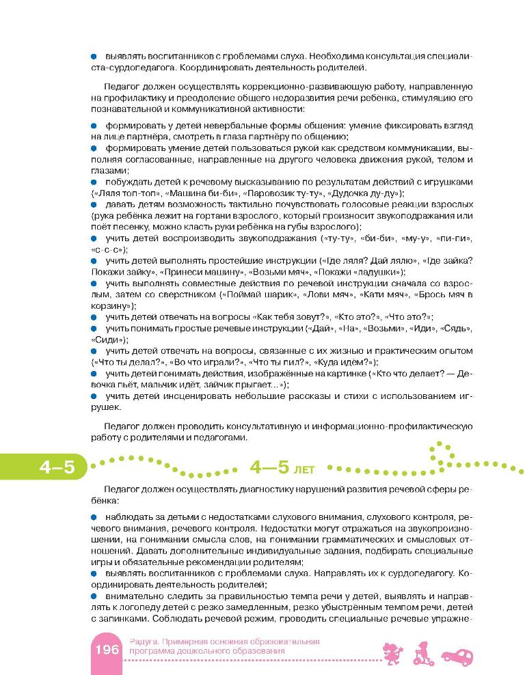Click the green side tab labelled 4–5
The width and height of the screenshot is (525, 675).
42,468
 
